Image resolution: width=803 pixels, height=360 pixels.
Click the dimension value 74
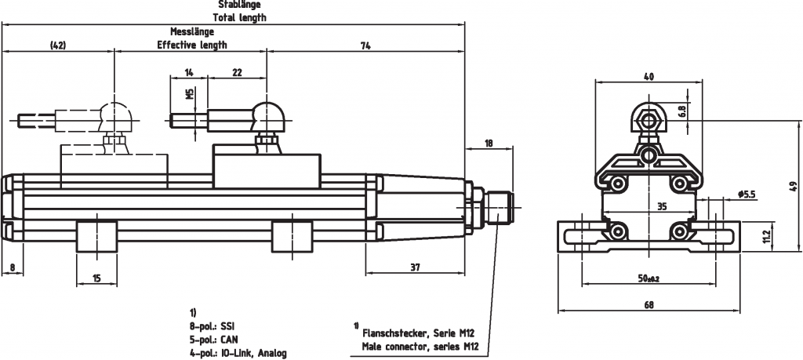365,45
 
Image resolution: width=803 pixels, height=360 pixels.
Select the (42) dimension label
57,45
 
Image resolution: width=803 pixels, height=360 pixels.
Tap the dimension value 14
189,72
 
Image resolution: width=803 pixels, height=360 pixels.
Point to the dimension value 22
237,72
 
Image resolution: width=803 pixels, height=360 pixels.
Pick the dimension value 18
489,143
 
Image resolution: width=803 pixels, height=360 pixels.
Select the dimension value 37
415,267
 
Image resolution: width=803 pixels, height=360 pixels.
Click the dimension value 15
96,278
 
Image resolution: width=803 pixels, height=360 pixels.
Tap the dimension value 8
13,267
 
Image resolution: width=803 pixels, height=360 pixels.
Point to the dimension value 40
648,76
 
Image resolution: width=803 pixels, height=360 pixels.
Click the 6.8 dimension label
681,111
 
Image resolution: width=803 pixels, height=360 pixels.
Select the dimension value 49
793,186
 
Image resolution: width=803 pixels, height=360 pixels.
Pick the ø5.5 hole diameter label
746,194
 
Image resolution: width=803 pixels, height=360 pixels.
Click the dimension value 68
648,306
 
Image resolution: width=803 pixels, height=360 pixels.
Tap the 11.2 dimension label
766,234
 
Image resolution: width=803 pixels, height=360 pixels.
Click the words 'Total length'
239,17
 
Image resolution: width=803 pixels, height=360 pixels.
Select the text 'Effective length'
191,45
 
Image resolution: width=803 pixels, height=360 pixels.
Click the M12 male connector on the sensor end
497,207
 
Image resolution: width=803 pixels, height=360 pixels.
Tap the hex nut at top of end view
648,120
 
